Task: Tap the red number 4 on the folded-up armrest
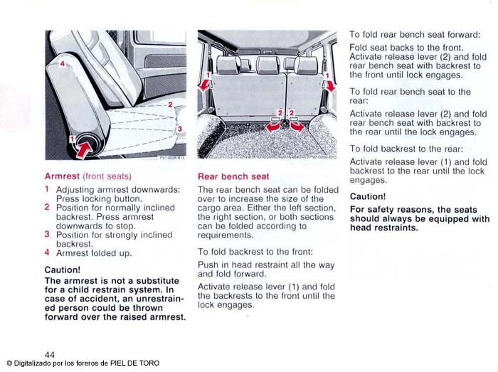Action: (63, 65)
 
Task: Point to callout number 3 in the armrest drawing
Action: (180, 128)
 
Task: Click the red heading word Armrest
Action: (62, 175)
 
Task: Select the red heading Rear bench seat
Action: (233, 176)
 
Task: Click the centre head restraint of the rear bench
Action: (267, 65)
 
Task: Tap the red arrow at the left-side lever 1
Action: (206, 85)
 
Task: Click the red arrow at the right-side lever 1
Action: (330, 85)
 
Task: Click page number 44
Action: (50, 354)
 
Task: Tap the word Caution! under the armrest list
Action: (63, 270)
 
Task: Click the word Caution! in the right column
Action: (368, 196)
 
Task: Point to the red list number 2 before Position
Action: (47, 208)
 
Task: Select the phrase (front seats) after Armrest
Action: (107, 175)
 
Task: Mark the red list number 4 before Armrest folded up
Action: (47, 253)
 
